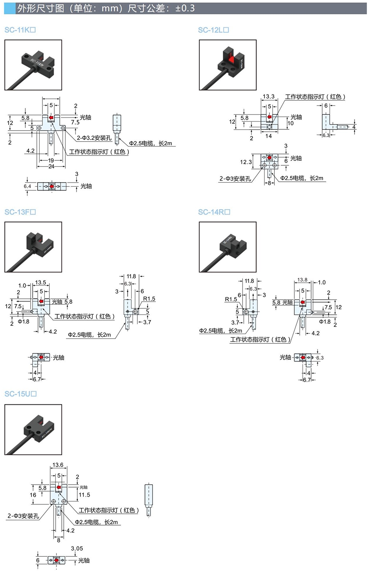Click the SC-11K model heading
pos(20,30)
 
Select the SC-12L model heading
pos(213,30)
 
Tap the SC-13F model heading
pos(20,212)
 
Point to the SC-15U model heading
pos(21,394)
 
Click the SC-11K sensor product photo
pos(33,65)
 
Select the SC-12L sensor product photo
pos(228,65)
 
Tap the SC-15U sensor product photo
pos(33,429)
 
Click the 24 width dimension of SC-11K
pos(51,167)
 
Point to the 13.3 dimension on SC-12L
pos(268,97)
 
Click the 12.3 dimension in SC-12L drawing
pos(246,162)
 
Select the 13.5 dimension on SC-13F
pos(40,282)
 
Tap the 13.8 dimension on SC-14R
pos(302,280)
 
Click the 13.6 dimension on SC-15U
pos(58,465)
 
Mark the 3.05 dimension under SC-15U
pos(77,549)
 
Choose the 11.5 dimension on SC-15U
pos(84,495)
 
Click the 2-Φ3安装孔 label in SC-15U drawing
pos(23,516)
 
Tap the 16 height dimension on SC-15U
pos(33,495)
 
